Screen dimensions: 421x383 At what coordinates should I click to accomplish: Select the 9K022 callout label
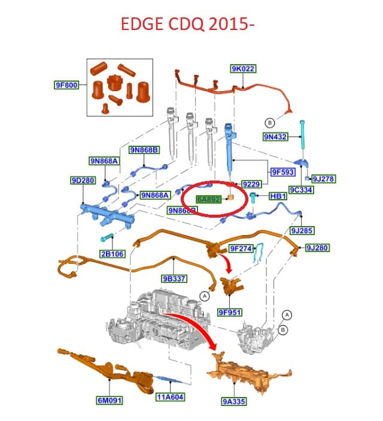coord(243,70)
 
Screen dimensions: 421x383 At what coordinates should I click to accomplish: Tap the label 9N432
coord(275,137)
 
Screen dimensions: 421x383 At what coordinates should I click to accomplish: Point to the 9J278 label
coord(323,179)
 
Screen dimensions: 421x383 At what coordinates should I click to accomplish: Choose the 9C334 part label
coord(302,190)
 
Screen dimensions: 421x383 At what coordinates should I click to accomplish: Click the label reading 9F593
coord(282,172)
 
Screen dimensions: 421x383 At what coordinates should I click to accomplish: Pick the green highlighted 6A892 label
coord(210,199)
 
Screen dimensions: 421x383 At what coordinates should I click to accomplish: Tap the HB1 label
coord(278,196)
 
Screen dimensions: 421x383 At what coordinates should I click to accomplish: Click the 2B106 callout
coord(113,254)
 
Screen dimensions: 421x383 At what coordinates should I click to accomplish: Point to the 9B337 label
coord(174,279)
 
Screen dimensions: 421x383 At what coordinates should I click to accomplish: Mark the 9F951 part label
coord(229,311)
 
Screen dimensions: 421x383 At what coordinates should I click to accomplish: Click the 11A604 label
coord(170,397)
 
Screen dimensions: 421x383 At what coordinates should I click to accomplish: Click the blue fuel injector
coord(229,146)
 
